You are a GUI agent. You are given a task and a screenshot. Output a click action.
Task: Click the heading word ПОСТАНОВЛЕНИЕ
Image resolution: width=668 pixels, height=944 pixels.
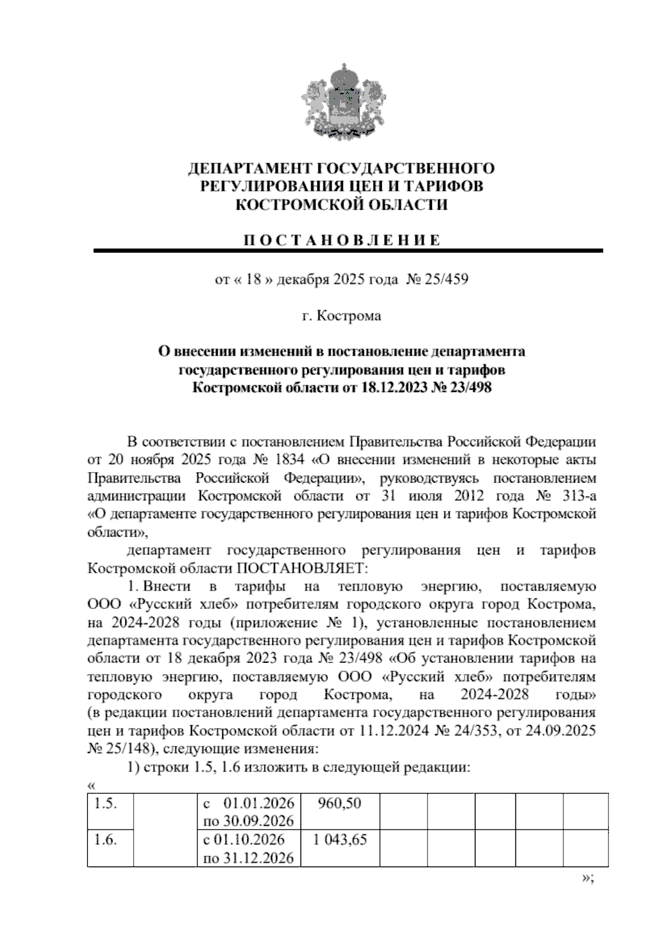click(341, 240)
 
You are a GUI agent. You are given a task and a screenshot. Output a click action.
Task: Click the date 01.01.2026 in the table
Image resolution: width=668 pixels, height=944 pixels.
click(258, 804)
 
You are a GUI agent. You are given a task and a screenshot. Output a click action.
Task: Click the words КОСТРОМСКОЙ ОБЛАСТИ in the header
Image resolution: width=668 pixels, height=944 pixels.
click(341, 205)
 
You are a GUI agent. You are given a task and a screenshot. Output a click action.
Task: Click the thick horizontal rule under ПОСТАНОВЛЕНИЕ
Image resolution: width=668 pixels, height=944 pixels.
click(348, 252)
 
